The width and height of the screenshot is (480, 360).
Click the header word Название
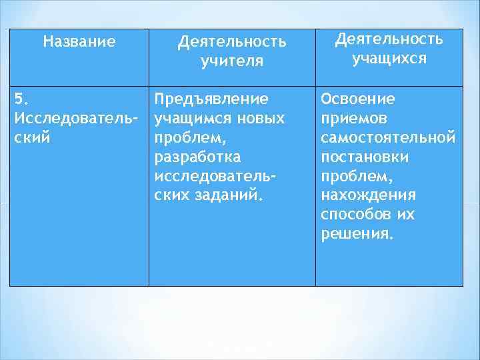(x=79, y=42)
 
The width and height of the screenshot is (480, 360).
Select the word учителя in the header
(x=232, y=61)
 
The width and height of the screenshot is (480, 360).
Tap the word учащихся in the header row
(x=389, y=58)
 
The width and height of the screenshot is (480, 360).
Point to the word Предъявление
(x=211, y=99)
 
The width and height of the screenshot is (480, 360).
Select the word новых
(x=262, y=119)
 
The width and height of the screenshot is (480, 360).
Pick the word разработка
(x=197, y=157)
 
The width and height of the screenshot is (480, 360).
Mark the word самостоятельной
(x=389, y=138)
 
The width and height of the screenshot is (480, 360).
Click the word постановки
(x=365, y=157)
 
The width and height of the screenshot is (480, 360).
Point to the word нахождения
(x=368, y=196)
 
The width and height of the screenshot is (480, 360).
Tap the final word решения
(x=357, y=235)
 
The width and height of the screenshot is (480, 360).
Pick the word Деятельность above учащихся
(x=389, y=39)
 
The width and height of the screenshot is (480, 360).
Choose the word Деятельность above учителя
(x=232, y=42)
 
